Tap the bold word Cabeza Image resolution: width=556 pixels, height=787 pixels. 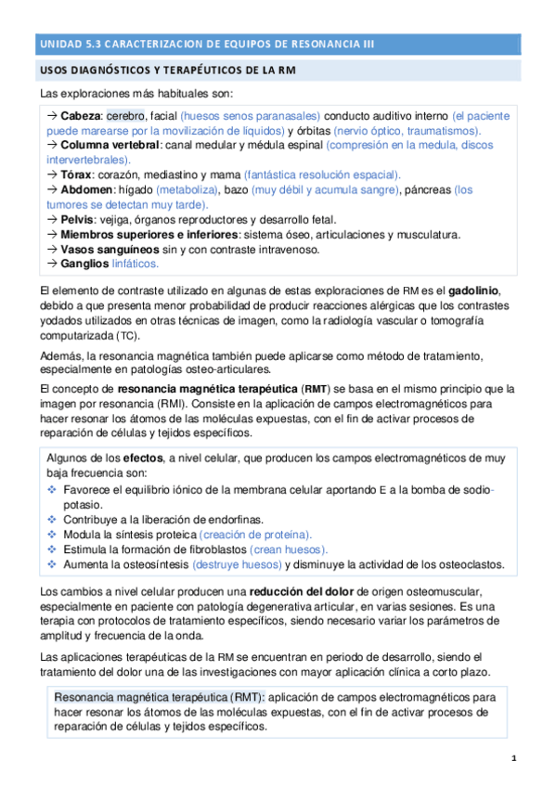[x=82, y=117]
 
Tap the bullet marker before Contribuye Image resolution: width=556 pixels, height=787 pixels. [x=52, y=519]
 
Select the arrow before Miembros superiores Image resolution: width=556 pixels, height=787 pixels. [x=52, y=235]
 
